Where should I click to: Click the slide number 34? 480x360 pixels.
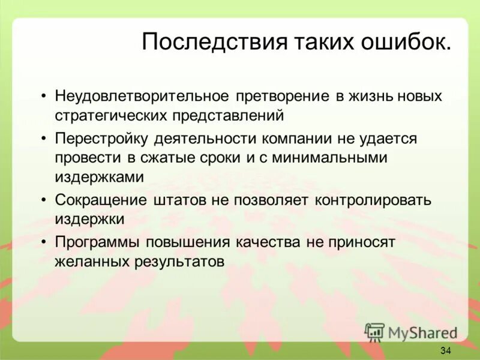pyautogui.click(x=445, y=350)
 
